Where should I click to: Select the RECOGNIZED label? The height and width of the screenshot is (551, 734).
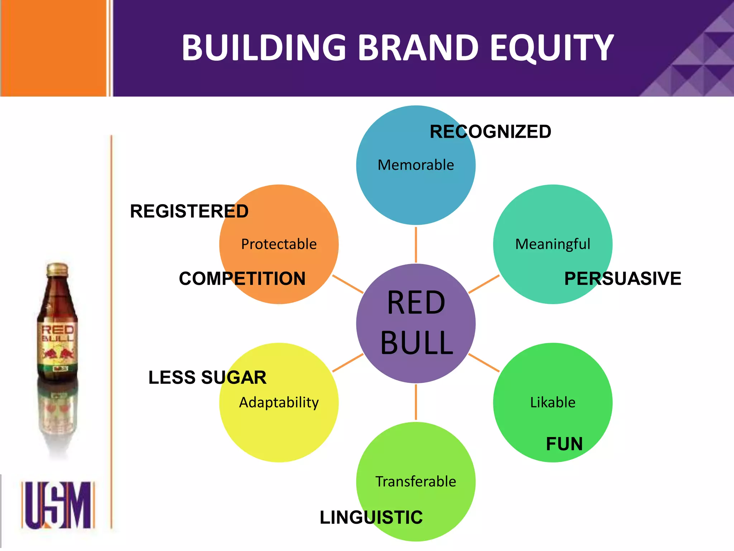pyautogui.click(x=490, y=132)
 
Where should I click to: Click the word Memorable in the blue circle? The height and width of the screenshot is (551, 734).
pyautogui.click(x=416, y=165)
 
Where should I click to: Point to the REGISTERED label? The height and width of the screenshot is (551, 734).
pyautogui.click(x=189, y=211)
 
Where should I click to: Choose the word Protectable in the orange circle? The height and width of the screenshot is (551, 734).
pyautogui.click(x=279, y=244)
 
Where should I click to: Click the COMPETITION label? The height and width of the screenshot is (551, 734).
pyautogui.click(x=242, y=278)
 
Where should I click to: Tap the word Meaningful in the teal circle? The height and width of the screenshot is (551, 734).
pyautogui.click(x=553, y=244)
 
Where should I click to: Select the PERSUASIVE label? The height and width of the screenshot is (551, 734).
pyautogui.click(x=623, y=278)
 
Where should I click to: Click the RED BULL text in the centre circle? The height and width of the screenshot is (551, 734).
pyautogui.click(x=416, y=323)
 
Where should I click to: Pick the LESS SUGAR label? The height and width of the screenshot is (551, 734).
pyautogui.click(x=208, y=377)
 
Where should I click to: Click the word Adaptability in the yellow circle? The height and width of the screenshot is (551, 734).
pyautogui.click(x=279, y=402)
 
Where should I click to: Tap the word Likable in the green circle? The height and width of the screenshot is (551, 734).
pyautogui.click(x=553, y=402)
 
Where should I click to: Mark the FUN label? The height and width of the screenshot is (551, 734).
pyautogui.click(x=564, y=444)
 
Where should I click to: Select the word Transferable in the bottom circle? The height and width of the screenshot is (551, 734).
pyautogui.click(x=416, y=481)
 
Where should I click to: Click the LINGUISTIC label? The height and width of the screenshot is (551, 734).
pyautogui.click(x=371, y=517)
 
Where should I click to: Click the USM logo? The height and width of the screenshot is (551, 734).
pyautogui.click(x=58, y=505)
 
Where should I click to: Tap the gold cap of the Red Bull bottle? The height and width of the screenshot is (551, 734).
pyautogui.click(x=57, y=269)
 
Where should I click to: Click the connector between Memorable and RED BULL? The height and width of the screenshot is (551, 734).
pyautogui.click(x=416, y=245)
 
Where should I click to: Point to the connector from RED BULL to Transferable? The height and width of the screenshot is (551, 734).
pyautogui.click(x=416, y=402)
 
